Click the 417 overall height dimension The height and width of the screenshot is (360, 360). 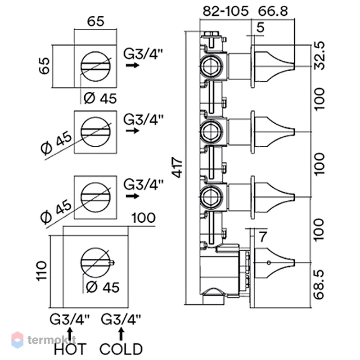(x=177, y=167)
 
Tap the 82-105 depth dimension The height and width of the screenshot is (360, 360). (x=226, y=11)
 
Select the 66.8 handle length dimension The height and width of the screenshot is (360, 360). (x=273, y=11)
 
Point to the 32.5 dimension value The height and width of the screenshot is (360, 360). (x=319, y=55)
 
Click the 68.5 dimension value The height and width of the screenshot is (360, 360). (x=319, y=285)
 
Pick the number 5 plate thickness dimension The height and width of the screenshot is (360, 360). (x=260, y=27)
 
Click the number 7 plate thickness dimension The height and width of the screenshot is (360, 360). (x=263, y=237)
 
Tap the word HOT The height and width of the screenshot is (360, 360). (x=70, y=349)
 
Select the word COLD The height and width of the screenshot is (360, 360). (x=121, y=349)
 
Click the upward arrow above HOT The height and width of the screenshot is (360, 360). (x=70, y=334)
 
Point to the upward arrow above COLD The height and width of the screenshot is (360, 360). (x=121, y=334)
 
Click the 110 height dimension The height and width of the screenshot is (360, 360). (x=41, y=271)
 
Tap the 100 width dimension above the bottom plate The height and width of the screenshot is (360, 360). (x=144, y=218)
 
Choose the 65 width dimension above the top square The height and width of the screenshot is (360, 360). (x=96, y=21)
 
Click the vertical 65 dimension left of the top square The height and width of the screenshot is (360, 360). (x=44, y=66)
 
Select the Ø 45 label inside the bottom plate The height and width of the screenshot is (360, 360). (x=103, y=287)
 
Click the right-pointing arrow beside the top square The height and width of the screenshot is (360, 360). (x=133, y=65)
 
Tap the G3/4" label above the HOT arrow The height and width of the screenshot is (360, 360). (x=70, y=319)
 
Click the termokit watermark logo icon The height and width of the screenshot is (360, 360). (x=18, y=340)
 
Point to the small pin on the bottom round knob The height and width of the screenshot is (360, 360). (x=112, y=262)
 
